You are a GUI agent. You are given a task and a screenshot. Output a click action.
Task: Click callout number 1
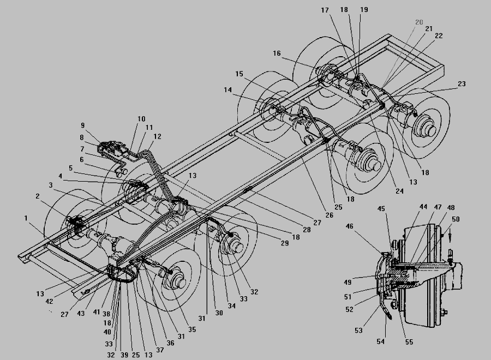(x=26, y=218)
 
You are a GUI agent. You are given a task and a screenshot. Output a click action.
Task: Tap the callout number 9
(x=83, y=125)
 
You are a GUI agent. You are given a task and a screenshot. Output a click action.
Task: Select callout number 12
(x=158, y=136)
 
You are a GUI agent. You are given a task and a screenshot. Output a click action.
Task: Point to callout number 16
(x=277, y=53)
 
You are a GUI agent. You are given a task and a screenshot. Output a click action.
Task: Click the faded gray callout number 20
(x=419, y=22)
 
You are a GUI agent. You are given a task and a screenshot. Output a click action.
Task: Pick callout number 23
(x=462, y=83)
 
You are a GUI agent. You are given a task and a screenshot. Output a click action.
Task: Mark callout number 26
(x=329, y=215)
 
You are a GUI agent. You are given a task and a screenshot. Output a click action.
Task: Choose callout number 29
(x=285, y=243)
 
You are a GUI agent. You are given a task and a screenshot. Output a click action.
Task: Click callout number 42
(x=49, y=302)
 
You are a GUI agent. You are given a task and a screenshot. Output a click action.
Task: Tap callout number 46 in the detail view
(x=350, y=226)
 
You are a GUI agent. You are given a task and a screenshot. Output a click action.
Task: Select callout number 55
(x=409, y=342)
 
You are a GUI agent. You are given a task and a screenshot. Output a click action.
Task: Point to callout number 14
(x=227, y=90)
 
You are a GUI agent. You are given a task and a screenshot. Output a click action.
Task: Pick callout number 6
(x=82, y=160)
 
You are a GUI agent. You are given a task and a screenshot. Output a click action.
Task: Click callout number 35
(x=192, y=329)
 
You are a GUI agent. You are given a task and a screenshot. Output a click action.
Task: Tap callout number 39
(x=124, y=355)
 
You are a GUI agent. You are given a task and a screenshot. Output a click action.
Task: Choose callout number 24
(x=399, y=191)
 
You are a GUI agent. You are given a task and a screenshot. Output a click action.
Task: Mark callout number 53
(x=358, y=330)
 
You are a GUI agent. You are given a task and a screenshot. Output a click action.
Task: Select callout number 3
(x=51, y=185)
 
